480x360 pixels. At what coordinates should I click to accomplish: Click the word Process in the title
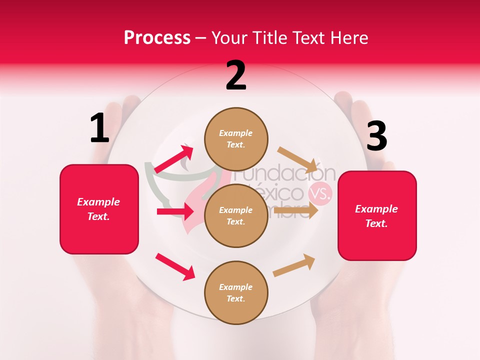point(157,38)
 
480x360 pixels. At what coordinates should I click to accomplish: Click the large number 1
point(99,128)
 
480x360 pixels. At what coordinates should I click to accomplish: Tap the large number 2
point(236,75)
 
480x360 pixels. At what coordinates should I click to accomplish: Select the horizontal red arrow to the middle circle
point(175,211)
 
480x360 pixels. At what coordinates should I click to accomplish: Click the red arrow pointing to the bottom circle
point(175,266)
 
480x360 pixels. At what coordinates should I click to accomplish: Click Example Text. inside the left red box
point(99,209)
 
